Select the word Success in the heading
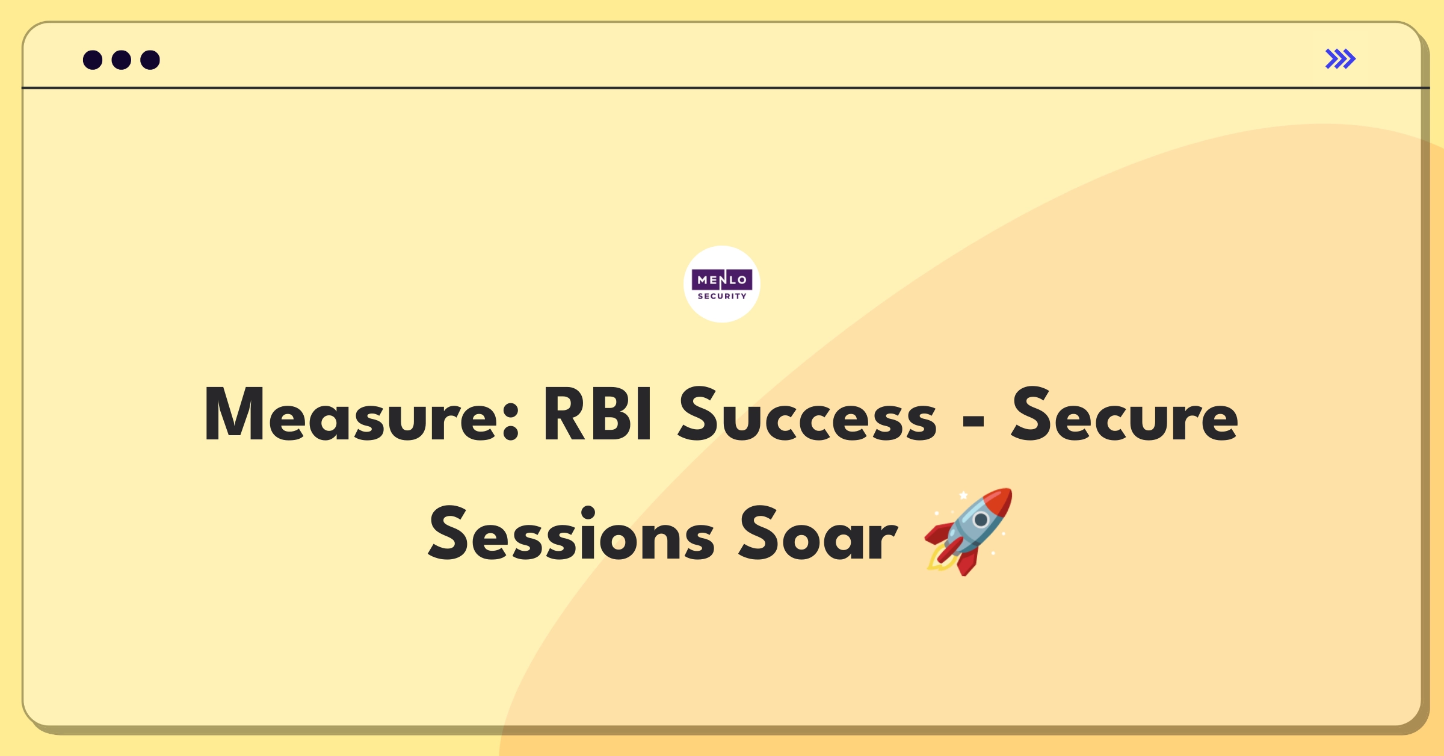point(807,415)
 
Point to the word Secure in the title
point(1124,415)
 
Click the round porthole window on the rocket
point(981,519)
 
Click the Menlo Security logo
point(722,284)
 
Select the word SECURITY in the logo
point(722,296)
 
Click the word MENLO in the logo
point(722,280)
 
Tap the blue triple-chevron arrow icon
point(1341,59)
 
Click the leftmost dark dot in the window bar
point(93,60)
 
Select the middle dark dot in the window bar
point(122,60)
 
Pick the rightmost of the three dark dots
point(150,60)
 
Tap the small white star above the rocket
point(963,495)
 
